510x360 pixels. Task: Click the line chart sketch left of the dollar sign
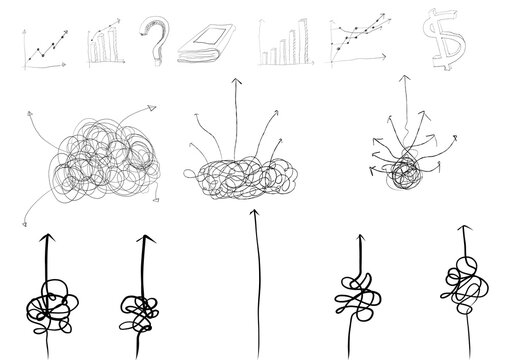(x=358, y=44)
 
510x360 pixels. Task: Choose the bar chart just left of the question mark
(x=105, y=45)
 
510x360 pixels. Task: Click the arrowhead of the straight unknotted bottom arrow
(x=256, y=214)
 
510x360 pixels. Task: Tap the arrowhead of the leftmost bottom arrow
(x=45, y=239)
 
